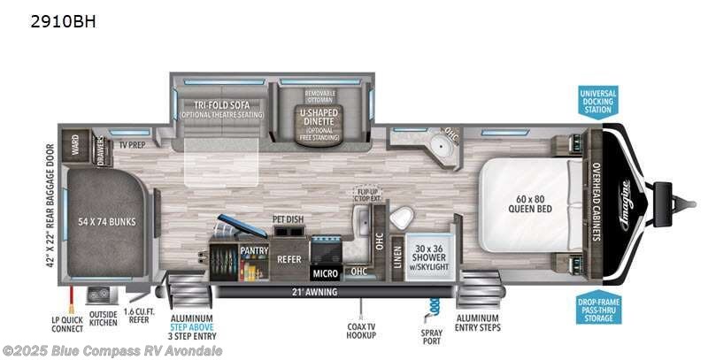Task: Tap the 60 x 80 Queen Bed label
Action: (530, 204)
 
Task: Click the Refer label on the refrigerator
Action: (289, 260)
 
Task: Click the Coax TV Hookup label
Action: (358, 331)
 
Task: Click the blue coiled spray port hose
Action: (435, 306)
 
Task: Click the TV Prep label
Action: (133, 142)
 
